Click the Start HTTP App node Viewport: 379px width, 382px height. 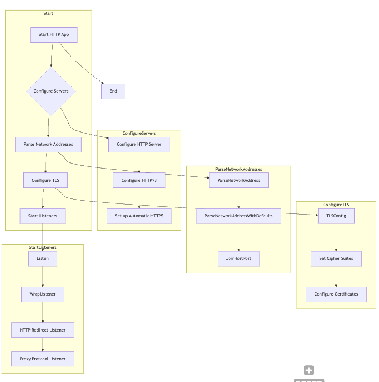(53, 35)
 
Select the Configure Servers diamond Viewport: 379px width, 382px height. (51, 91)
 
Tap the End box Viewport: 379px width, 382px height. (113, 91)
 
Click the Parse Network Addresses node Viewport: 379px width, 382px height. (48, 145)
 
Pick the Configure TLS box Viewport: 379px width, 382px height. (46, 180)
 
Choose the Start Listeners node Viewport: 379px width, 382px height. (43, 216)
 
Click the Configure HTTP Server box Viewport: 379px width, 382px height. (139, 145)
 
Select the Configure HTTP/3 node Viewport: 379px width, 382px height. (139, 180)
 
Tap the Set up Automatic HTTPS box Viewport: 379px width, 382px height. (139, 216)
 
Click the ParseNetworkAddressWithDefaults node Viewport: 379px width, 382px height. (239, 216)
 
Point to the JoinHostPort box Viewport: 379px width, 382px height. (239, 258)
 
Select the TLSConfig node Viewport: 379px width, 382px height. (336, 216)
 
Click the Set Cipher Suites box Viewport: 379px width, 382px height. (336, 258)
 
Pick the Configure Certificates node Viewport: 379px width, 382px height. (336, 294)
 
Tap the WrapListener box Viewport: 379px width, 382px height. (43, 294)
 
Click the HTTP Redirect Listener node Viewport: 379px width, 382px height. (43, 330)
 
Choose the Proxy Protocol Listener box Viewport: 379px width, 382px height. (43, 359)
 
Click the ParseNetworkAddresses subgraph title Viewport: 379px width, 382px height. (239, 169)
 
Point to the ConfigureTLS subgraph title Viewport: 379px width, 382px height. (336, 205)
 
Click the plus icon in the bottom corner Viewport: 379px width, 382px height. (309, 370)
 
